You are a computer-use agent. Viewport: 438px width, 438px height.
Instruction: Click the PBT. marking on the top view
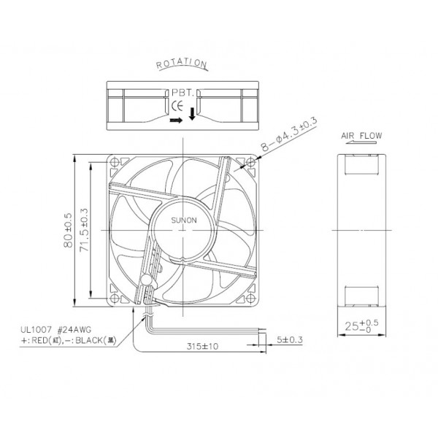(182, 94)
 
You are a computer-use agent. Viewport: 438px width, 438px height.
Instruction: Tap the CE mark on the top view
(176, 107)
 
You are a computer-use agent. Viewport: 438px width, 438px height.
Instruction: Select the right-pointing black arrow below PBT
(174, 121)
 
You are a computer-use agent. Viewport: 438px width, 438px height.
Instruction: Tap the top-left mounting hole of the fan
(115, 163)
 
